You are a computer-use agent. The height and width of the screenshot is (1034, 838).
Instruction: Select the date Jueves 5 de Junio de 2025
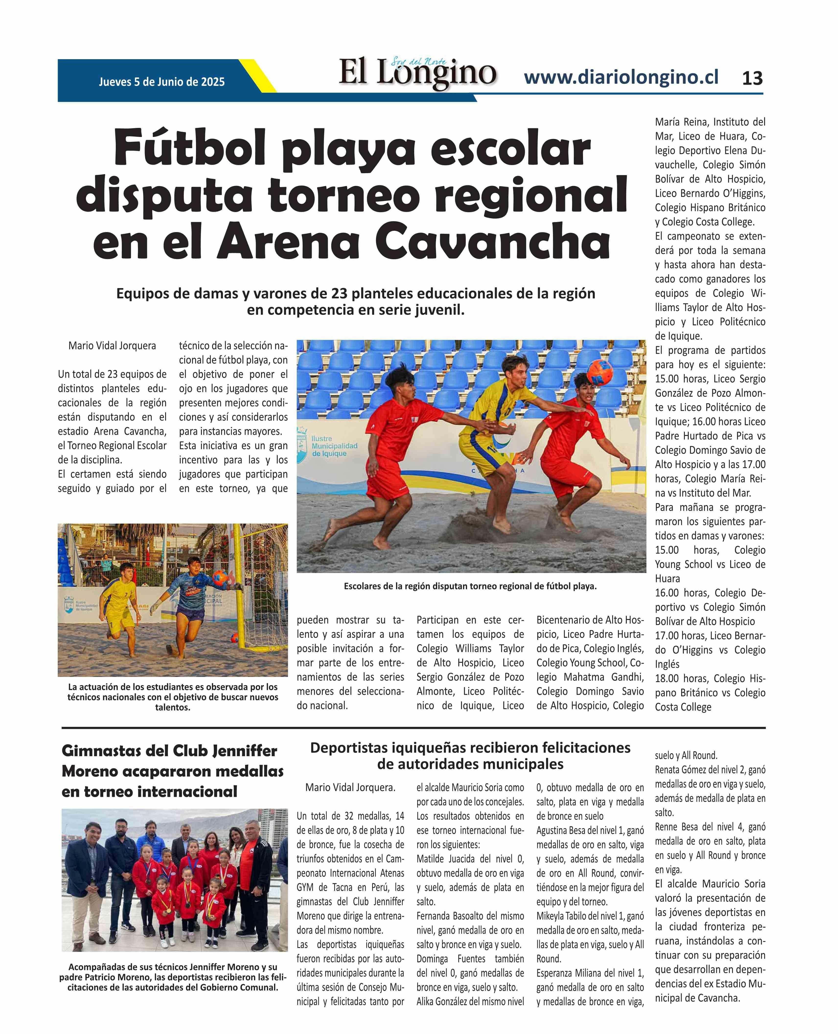[162, 82]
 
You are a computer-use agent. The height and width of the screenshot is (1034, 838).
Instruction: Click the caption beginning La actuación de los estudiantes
[173, 697]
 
